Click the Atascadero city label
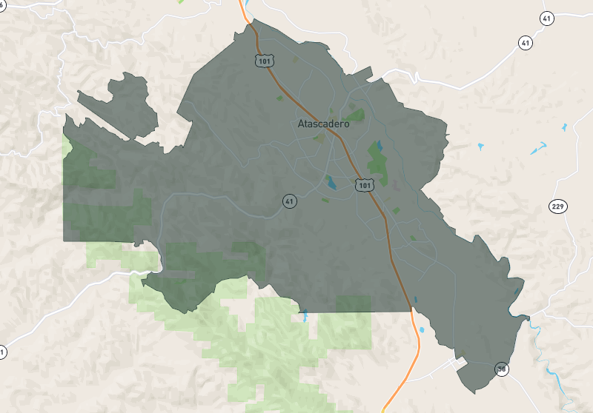click(x=323, y=124)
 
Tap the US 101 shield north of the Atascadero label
click(x=263, y=61)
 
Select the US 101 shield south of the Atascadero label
click(x=362, y=184)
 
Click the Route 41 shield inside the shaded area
click(x=290, y=201)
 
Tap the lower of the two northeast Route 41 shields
click(x=526, y=43)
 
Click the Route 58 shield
click(x=503, y=369)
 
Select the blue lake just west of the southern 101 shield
click(x=330, y=181)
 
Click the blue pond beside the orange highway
click(x=423, y=329)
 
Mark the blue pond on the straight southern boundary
click(x=304, y=315)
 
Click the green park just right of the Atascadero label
click(x=357, y=115)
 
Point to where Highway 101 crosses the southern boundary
click(x=410, y=309)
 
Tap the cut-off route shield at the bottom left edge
click(x=2, y=353)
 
